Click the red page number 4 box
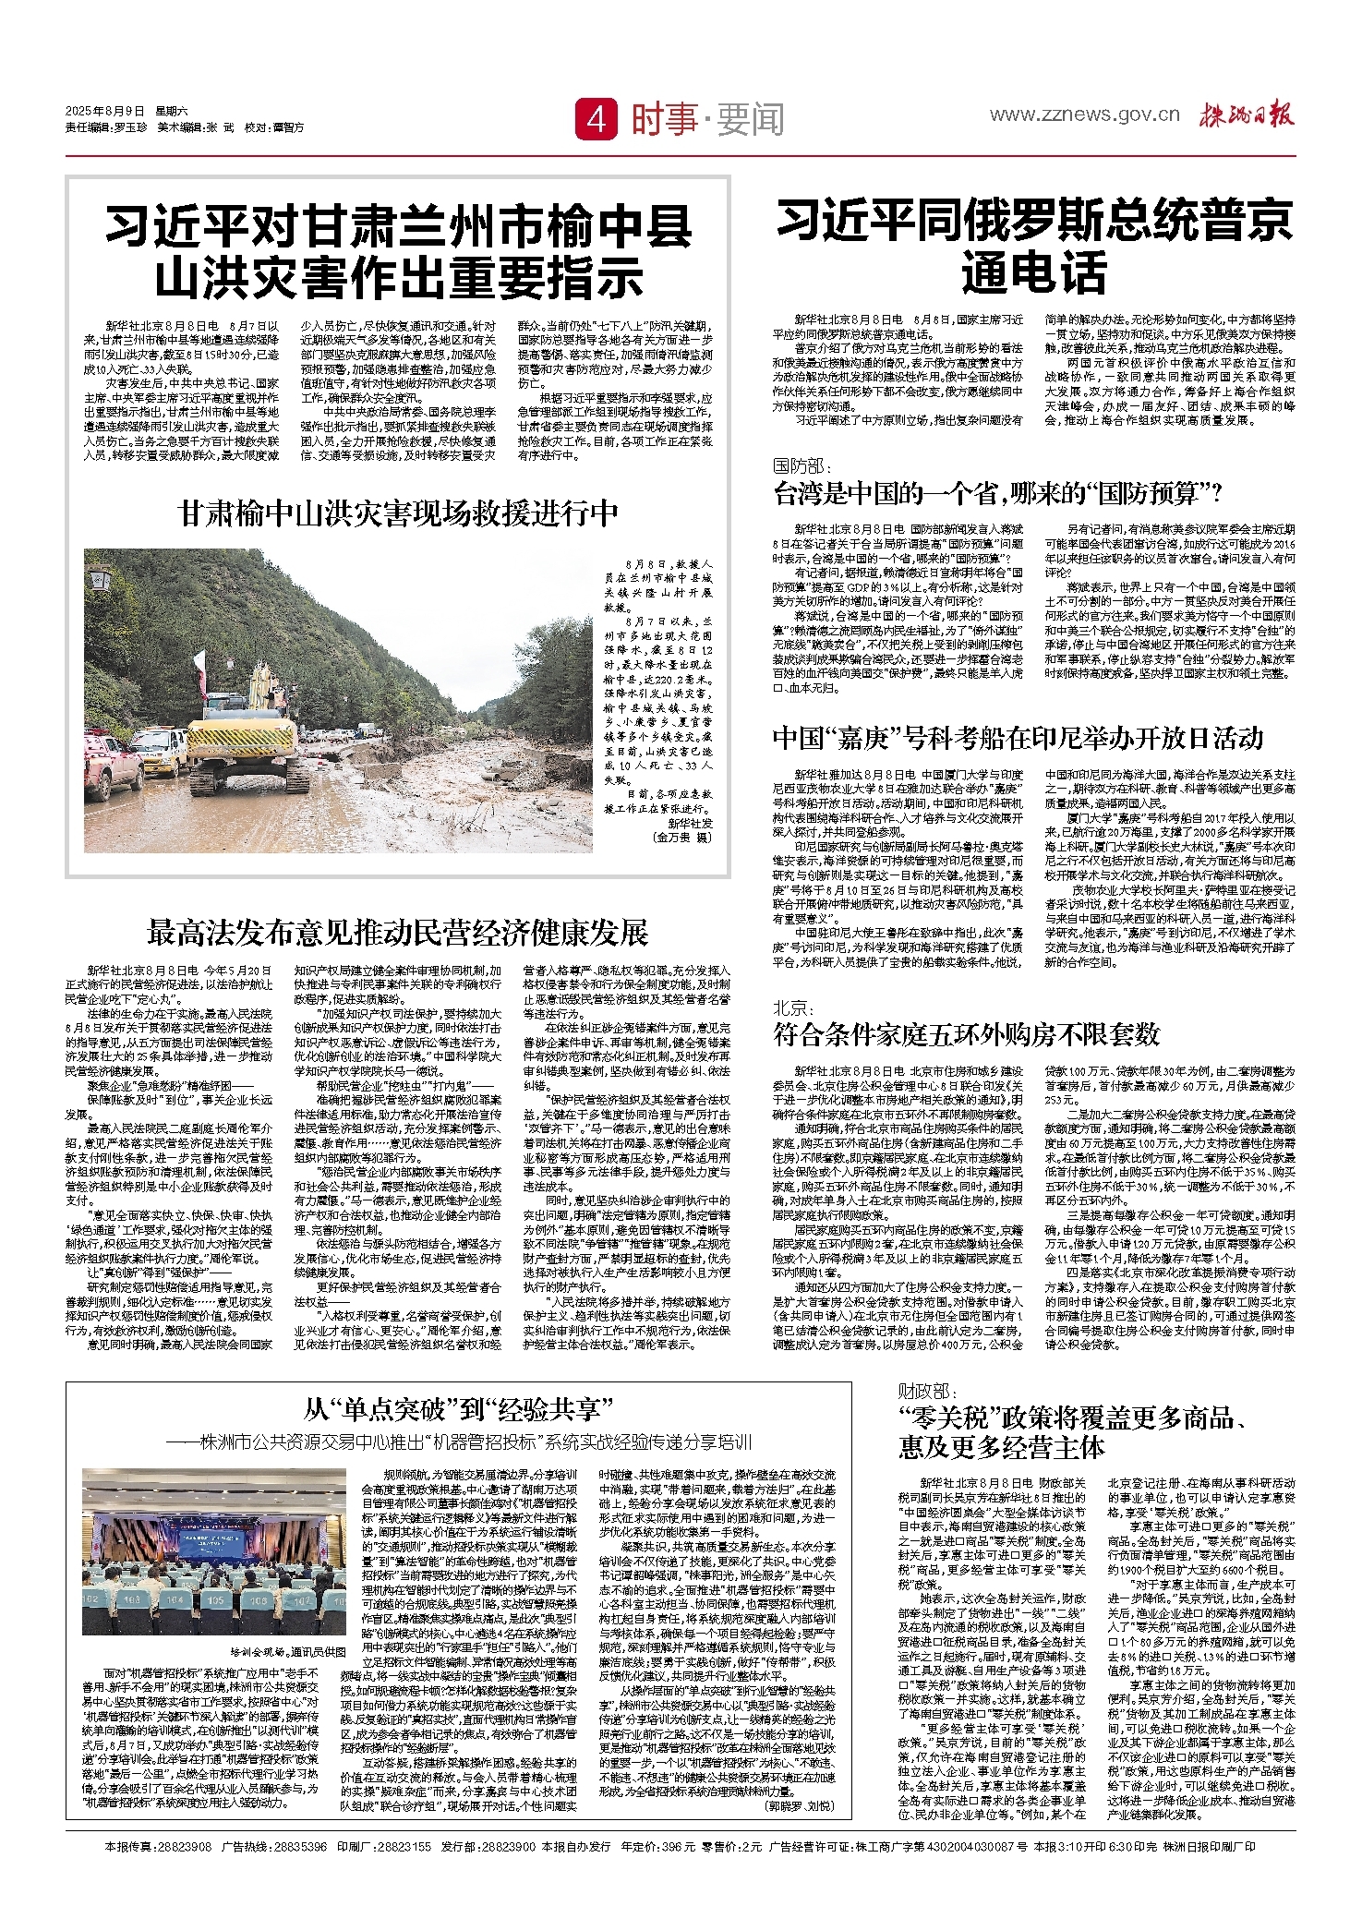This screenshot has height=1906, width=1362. point(597,119)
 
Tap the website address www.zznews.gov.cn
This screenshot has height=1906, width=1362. point(1084,115)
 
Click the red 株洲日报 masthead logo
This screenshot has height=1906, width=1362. point(1247,115)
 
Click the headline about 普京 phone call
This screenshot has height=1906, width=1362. point(1033,246)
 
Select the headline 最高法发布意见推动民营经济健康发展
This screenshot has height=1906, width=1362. point(397,933)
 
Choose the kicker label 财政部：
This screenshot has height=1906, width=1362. point(929,1391)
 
